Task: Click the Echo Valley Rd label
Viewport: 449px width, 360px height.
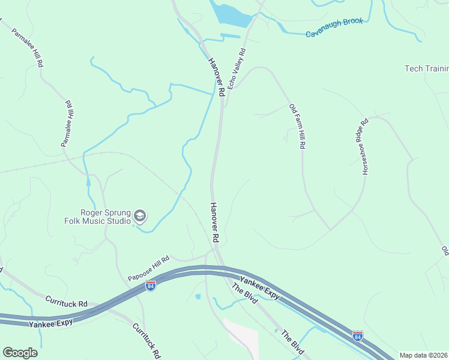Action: click(x=237, y=69)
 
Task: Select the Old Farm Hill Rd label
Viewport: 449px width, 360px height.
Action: click(x=298, y=127)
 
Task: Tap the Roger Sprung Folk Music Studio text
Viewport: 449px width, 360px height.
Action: click(x=106, y=217)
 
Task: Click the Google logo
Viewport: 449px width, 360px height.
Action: click(x=20, y=353)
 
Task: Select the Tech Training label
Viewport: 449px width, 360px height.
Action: click(x=426, y=68)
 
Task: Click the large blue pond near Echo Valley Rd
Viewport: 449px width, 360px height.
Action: click(x=231, y=14)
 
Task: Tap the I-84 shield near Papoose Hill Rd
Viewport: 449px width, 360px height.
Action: click(x=150, y=287)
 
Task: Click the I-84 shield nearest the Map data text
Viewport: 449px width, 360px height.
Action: click(x=358, y=336)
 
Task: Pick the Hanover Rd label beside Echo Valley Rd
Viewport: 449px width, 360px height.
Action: click(x=216, y=77)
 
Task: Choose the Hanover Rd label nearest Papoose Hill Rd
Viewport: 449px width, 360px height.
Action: click(x=214, y=222)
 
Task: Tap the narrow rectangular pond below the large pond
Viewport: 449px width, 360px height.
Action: click(x=230, y=36)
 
